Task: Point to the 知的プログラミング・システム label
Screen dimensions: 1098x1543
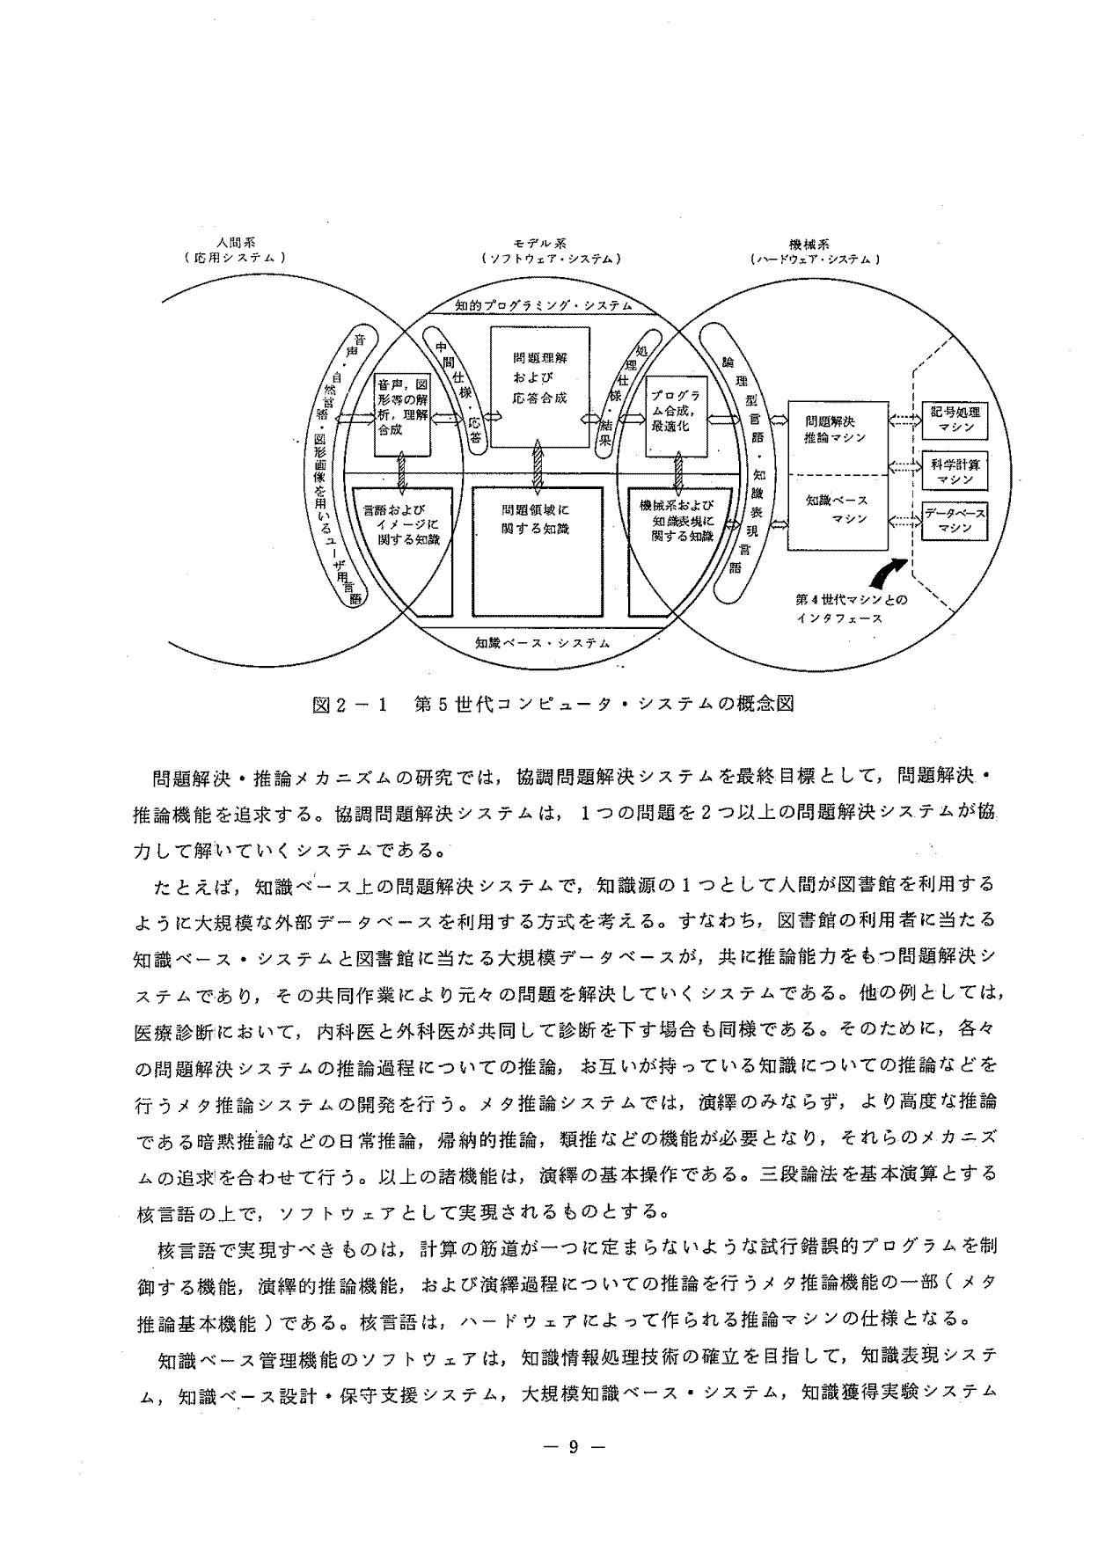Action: tap(544, 305)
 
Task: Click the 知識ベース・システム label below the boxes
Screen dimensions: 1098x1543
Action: tap(542, 642)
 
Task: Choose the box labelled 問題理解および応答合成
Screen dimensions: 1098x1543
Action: tap(539, 387)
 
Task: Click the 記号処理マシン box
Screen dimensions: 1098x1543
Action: tap(954, 419)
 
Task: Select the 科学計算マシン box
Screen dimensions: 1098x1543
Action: tap(954, 470)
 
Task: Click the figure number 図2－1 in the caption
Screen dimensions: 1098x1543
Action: tap(350, 704)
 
